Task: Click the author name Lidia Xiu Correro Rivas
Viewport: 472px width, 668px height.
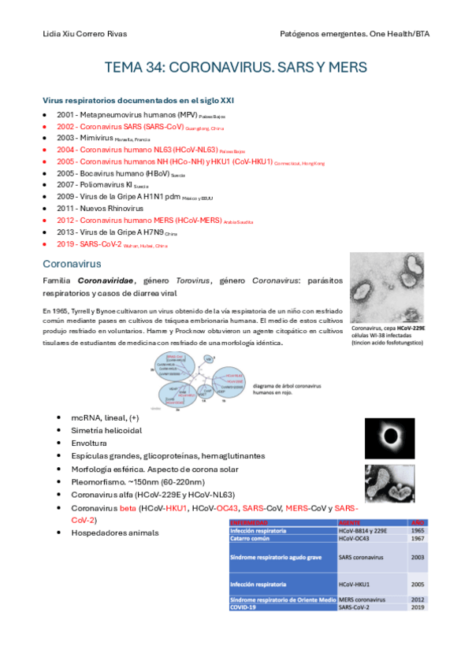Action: click(x=84, y=34)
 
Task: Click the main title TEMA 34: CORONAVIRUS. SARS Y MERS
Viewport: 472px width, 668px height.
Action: click(x=236, y=69)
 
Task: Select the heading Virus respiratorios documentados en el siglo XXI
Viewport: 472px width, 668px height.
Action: click(x=138, y=101)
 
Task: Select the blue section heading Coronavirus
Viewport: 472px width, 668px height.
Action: click(x=72, y=262)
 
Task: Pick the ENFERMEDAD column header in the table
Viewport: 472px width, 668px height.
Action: click(x=251, y=522)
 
